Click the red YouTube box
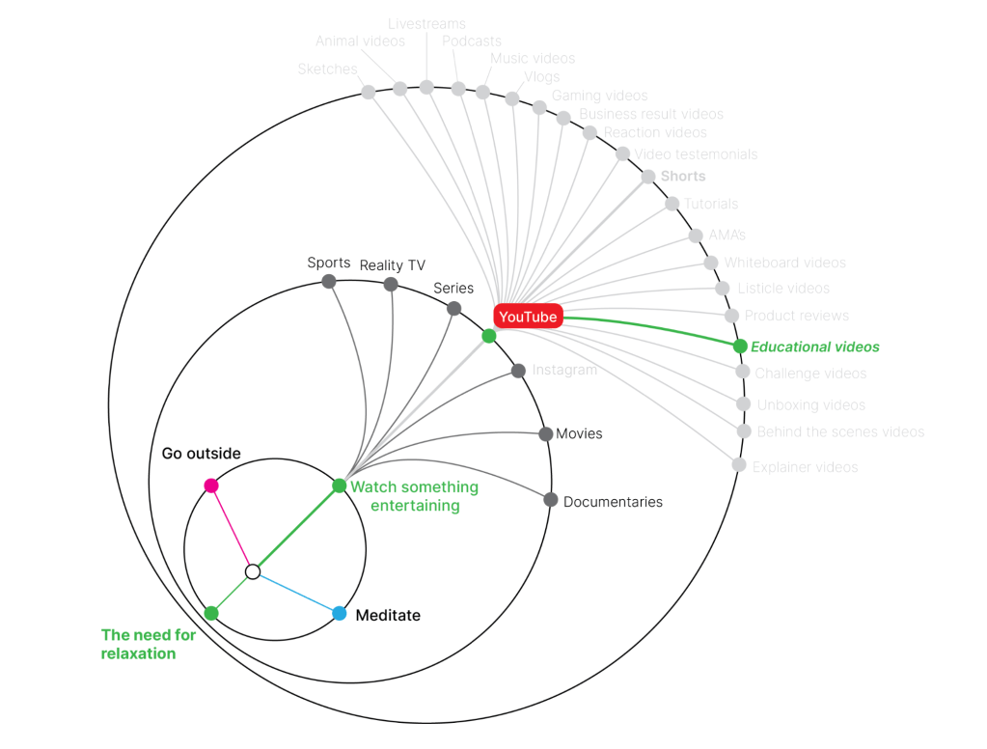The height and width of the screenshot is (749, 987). click(528, 317)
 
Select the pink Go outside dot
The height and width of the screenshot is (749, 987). click(211, 485)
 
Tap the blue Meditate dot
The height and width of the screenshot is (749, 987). click(340, 614)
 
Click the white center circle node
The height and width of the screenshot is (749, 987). click(253, 572)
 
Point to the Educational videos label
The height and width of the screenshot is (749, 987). click(815, 347)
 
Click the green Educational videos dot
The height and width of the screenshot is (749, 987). click(740, 347)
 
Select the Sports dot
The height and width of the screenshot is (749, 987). click(329, 282)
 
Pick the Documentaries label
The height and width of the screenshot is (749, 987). click(613, 502)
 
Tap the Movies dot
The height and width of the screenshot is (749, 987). click(546, 434)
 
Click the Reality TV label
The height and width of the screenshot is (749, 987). click(392, 265)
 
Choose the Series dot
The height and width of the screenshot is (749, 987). click(454, 309)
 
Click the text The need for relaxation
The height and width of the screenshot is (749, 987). click(148, 644)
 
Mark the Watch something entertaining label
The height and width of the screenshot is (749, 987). click(414, 496)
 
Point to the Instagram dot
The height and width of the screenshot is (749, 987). click(518, 371)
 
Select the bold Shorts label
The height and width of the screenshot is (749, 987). click(683, 177)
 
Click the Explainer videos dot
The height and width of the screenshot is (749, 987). click(739, 465)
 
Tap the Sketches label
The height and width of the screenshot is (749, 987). click(327, 69)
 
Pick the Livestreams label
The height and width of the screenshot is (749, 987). click(426, 23)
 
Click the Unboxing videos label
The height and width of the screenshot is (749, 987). click(810, 405)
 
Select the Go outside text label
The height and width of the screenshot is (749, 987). click(201, 454)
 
